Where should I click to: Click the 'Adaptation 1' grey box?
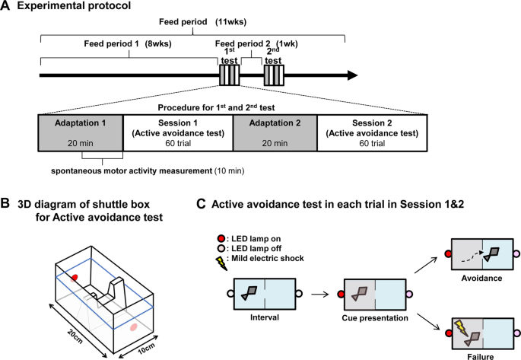point(81,132)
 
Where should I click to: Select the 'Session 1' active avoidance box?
point(178,132)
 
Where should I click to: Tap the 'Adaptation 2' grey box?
point(275,132)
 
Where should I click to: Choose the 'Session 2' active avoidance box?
point(372,132)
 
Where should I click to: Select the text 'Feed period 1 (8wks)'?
point(128,43)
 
